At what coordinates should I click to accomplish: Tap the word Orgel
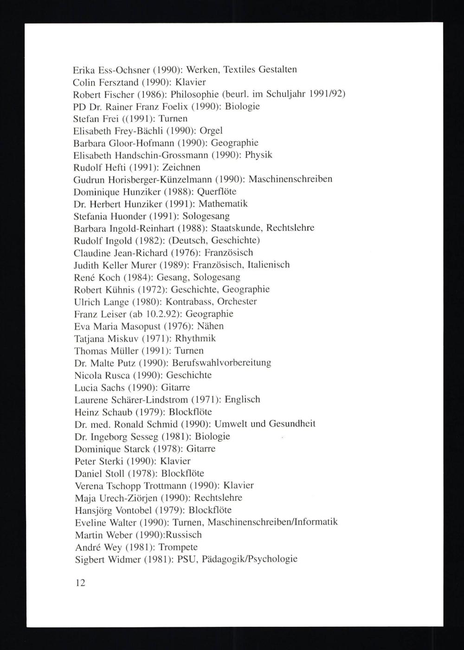click(x=211, y=131)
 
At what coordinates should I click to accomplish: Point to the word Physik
click(x=258, y=155)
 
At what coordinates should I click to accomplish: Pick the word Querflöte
click(x=217, y=192)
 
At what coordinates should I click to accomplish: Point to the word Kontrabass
click(x=189, y=302)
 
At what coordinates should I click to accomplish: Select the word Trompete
click(x=178, y=547)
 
